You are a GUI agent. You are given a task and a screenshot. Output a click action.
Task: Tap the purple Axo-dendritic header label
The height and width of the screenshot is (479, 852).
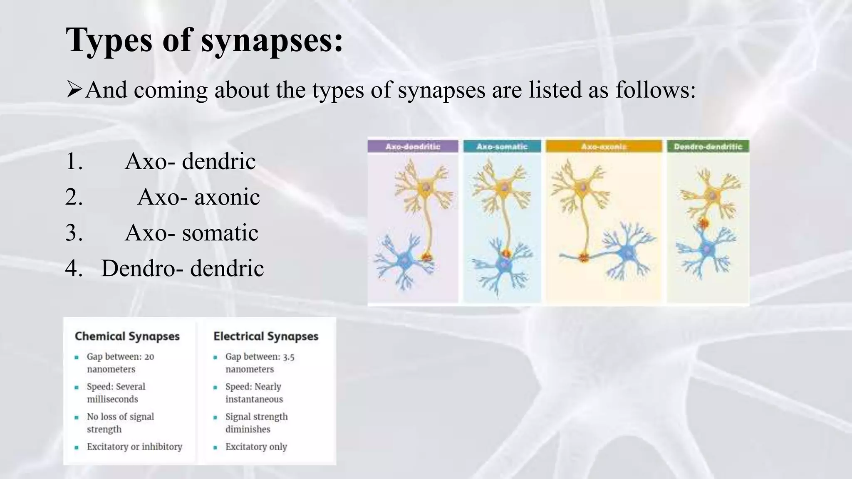(x=413, y=146)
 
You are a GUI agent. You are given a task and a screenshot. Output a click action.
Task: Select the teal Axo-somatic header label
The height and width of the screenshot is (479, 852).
(x=502, y=146)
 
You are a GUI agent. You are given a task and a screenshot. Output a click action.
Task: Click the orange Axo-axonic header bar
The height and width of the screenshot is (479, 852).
(x=604, y=146)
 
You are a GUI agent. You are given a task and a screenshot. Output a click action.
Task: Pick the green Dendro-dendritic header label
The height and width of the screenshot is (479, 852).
(x=708, y=146)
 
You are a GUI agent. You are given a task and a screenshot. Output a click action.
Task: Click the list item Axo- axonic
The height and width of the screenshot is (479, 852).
(x=198, y=197)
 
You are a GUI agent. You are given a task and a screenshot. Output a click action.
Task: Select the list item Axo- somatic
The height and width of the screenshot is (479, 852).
(x=191, y=232)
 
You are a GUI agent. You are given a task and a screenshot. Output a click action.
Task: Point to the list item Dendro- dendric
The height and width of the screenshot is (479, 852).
(x=182, y=268)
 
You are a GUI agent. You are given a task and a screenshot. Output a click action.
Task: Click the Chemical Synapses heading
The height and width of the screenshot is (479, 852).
(x=127, y=336)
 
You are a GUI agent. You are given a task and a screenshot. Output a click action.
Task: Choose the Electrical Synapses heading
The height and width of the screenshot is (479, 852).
(x=266, y=336)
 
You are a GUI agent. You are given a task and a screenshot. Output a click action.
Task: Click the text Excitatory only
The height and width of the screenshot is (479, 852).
(x=256, y=447)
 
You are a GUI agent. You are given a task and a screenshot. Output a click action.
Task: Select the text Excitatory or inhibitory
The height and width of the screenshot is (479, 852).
(x=134, y=447)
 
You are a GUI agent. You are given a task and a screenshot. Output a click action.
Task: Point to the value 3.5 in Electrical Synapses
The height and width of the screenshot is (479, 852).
(x=288, y=357)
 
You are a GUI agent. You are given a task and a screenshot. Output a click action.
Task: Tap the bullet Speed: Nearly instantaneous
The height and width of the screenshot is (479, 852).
(x=254, y=393)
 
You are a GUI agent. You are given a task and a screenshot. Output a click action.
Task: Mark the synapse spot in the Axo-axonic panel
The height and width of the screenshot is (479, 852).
(x=584, y=257)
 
